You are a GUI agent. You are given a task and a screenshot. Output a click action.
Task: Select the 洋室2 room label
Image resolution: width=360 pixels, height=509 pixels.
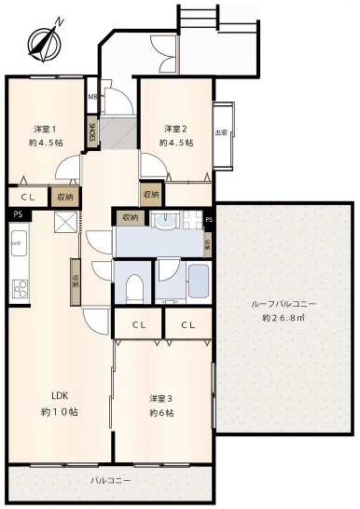click(x=176, y=129)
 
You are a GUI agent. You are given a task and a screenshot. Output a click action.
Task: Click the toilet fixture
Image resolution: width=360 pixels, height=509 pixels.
click(x=132, y=286)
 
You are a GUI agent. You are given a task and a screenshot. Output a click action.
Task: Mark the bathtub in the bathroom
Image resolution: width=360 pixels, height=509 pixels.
click(x=199, y=280)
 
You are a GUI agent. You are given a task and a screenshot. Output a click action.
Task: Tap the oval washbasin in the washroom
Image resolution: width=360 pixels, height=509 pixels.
click(x=165, y=222)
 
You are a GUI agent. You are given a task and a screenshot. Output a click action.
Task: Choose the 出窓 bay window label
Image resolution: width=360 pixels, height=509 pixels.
click(x=221, y=131)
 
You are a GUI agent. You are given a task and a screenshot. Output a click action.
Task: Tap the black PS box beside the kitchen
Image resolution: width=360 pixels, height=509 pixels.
click(x=16, y=215)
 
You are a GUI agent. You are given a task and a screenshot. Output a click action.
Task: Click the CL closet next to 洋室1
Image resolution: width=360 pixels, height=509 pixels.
click(x=27, y=197)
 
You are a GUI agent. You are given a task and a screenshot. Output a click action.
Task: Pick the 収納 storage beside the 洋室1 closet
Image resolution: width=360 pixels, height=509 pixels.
click(x=64, y=197)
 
